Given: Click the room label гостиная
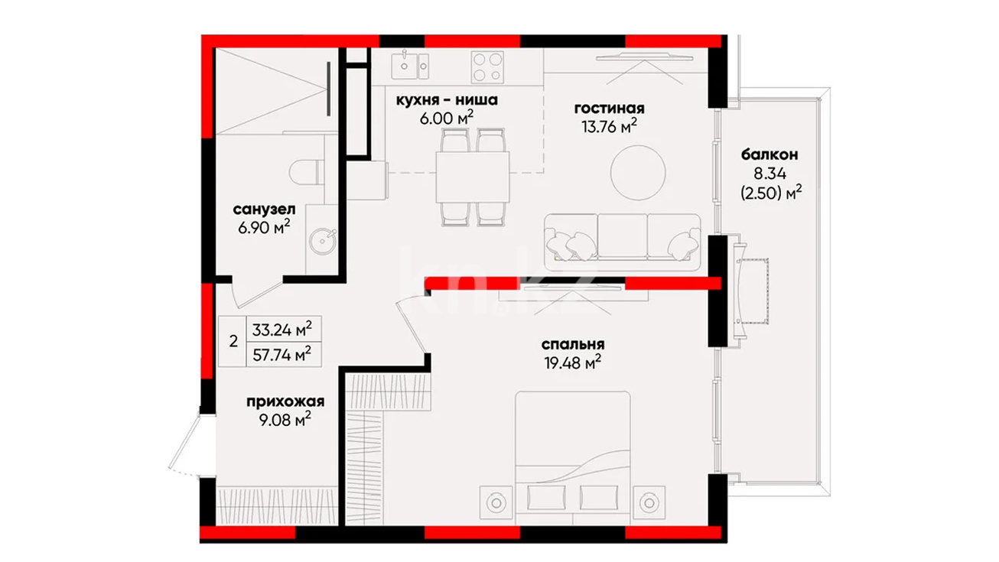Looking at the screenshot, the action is pyautogui.click(x=609, y=109).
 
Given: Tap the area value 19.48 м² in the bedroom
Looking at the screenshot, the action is pyautogui.click(x=573, y=363).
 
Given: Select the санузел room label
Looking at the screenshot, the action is pyautogui.click(x=264, y=209).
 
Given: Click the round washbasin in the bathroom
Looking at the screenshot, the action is pyautogui.click(x=323, y=241).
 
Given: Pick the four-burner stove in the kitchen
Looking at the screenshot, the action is pyautogui.click(x=487, y=67).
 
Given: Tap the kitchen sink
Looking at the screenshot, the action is pyautogui.click(x=410, y=66).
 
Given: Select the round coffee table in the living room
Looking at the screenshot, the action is pyautogui.click(x=638, y=173).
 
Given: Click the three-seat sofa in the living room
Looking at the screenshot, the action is pyautogui.click(x=622, y=242).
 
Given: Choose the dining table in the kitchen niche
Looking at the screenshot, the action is pyautogui.click(x=473, y=177).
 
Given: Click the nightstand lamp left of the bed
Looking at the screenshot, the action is pyautogui.click(x=496, y=502).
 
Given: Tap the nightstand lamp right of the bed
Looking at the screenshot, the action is pyautogui.click(x=649, y=502).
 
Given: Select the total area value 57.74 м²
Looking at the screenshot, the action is pyautogui.click(x=282, y=355).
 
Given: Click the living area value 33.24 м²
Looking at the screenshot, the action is pyautogui.click(x=282, y=330).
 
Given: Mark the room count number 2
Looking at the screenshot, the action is pyautogui.click(x=233, y=342).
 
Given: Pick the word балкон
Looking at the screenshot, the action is pyautogui.click(x=770, y=154).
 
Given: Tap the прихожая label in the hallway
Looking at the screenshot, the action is pyautogui.click(x=285, y=401).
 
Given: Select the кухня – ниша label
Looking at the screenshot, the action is pyautogui.click(x=447, y=100).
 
